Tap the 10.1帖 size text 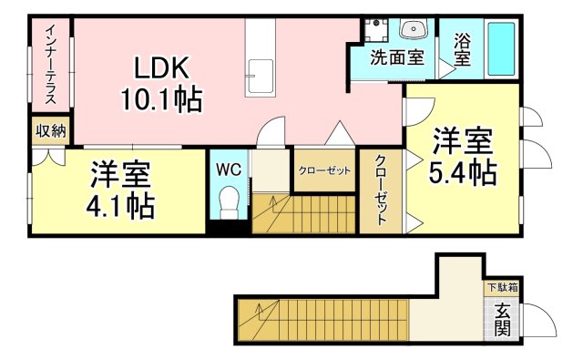click(161, 98)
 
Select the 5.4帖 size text click(464, 171)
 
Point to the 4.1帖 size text click(120, 204)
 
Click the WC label click(228, 169)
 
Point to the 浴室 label click(462, 48)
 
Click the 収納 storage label click(51, 130)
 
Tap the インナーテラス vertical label click(51, 64)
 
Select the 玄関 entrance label click(502, 318)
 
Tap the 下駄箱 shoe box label click(501, 287)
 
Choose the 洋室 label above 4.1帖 click(119, 173)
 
